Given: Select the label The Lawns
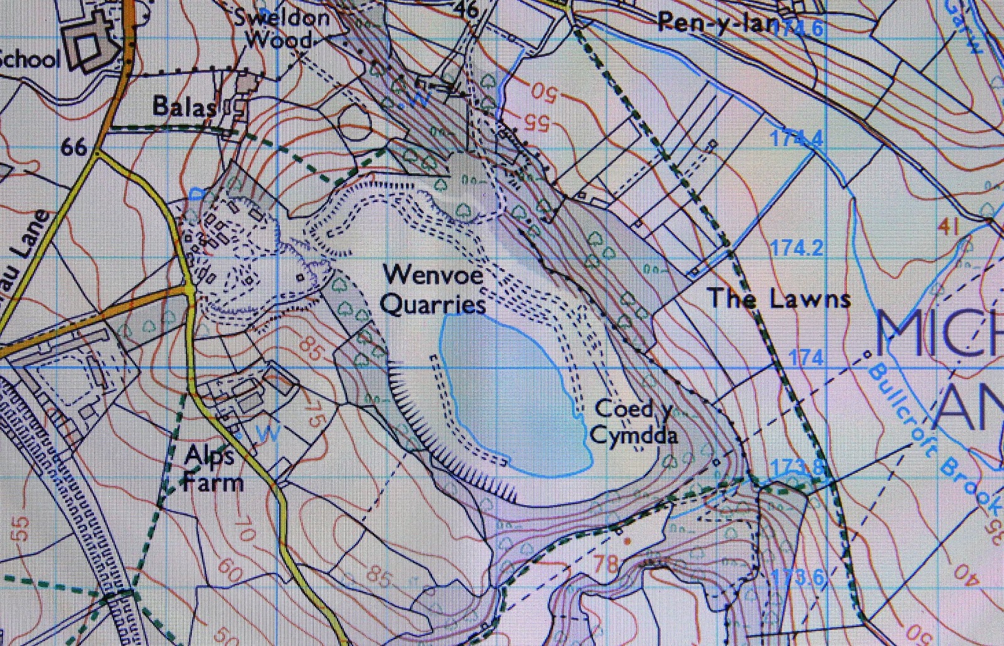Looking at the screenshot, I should point(779,299).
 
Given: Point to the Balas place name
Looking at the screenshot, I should point(184,107).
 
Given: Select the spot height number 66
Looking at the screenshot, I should point(74,148).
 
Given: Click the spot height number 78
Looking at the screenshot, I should point(606,563).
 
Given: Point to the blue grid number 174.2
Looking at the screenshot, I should point(797,249).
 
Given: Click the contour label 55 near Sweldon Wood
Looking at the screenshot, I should point(536,122).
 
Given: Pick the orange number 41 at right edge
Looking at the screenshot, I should point(948,226).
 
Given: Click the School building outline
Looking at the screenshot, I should point(94,47).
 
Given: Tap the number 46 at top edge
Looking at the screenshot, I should point(467,9).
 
